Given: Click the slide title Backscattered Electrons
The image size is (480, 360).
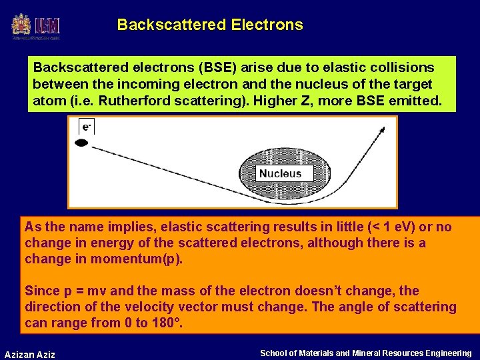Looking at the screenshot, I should point(209,25).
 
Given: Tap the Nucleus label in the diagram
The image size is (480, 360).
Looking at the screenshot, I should point(280,173).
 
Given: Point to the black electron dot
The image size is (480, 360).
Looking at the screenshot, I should point(82,143).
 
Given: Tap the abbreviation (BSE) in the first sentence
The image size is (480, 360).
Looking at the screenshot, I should point(216,67).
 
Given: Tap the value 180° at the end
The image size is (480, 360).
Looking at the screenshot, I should point(163,323).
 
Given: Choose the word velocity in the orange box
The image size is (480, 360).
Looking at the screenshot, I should point(130,307).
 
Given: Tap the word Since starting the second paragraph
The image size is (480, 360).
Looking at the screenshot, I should point(41,291).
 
